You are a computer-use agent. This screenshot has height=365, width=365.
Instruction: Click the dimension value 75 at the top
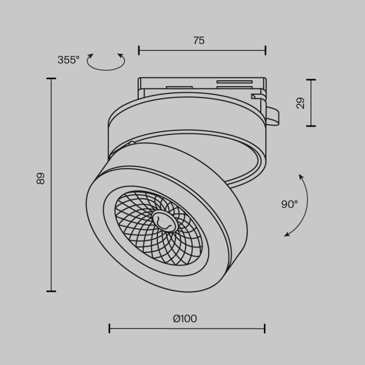[x=199, y=41]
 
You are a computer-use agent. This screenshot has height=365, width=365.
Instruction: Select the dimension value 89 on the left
[x=41, y=178]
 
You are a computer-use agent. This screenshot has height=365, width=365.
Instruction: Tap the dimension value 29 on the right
[x=300, y=102]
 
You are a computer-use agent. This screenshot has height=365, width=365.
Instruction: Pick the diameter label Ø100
[x=185, y=319]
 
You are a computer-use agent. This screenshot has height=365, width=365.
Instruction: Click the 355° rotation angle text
[x=68, y=60]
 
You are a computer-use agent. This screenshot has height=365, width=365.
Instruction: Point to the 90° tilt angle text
[x=289, y=204]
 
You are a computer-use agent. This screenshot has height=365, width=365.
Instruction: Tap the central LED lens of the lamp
[x=163, y=221]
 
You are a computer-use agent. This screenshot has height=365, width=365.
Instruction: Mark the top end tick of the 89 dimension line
[x=51, y=79]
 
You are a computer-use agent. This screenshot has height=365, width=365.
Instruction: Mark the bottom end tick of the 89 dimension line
[x=51, y=291]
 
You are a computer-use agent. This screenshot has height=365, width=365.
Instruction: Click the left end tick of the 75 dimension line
[x=139, y=51]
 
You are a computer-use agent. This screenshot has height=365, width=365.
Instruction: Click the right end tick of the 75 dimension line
[x=265, y=51]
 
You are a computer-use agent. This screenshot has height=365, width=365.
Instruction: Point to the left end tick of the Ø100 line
[x=110, y=328]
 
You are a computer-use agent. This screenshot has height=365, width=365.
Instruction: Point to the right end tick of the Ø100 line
[x=265, y=328]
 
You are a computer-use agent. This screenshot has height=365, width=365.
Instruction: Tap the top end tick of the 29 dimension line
[x=311, y=80]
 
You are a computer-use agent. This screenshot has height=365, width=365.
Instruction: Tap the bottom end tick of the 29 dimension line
[x=311, y=126]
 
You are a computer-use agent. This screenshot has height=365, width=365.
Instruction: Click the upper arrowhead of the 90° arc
[x=300, y=176]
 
